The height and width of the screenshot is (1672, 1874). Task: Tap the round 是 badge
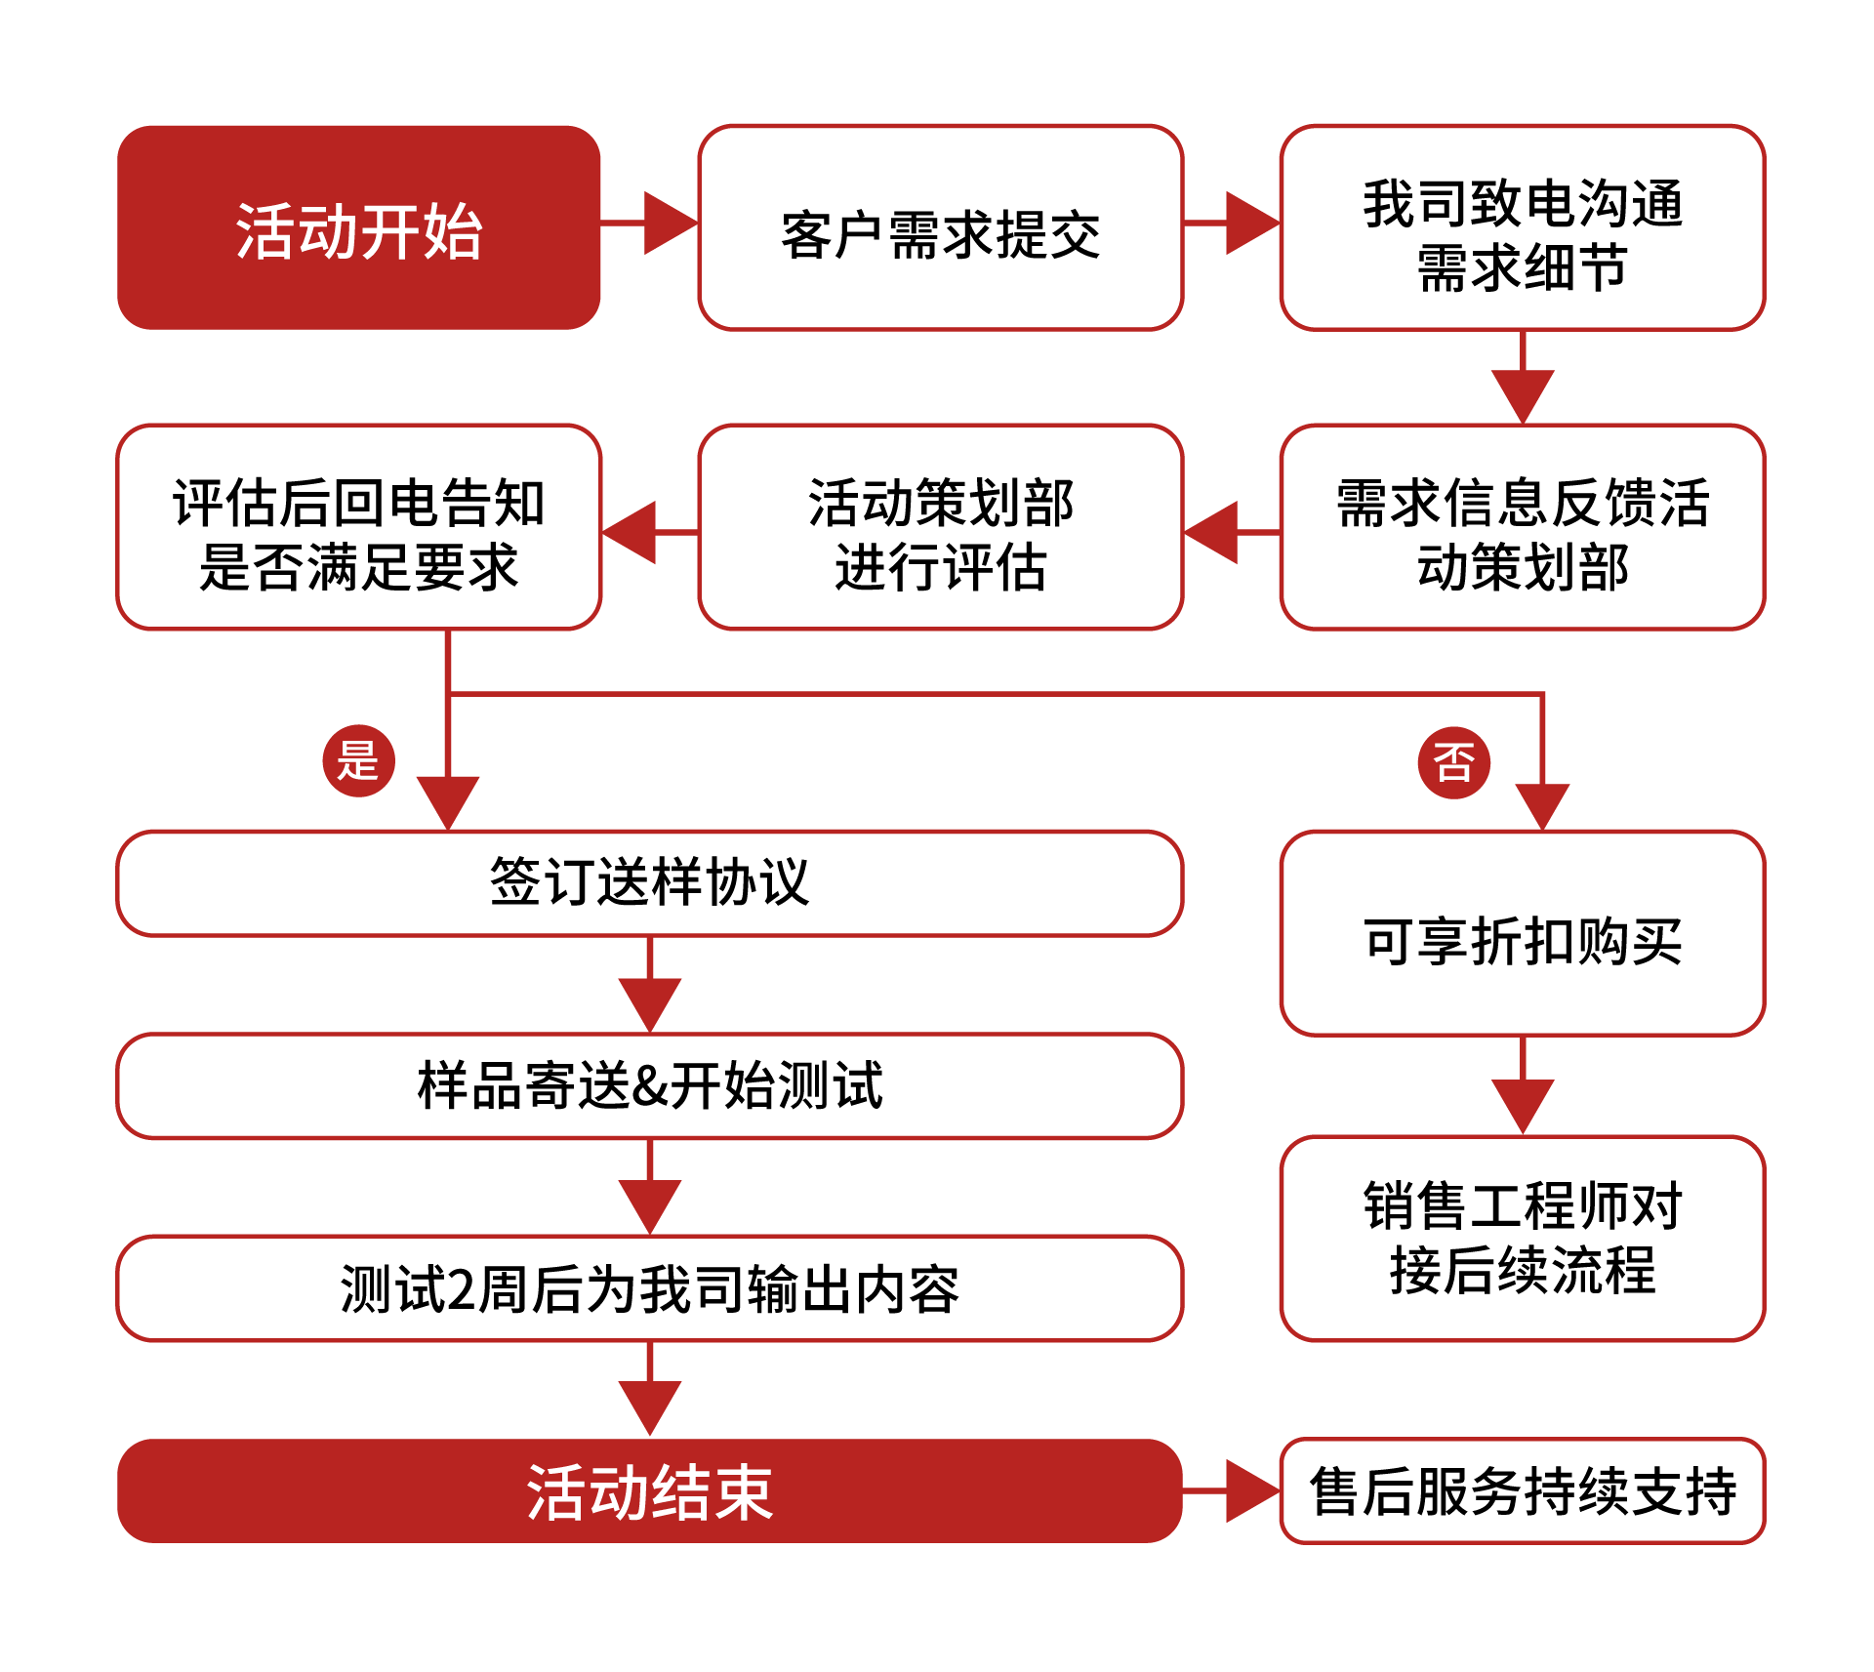tap(358, 760)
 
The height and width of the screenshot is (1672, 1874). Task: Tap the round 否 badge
tap(1453, 762)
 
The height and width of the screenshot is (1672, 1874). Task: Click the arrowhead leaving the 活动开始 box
tap(668, 224)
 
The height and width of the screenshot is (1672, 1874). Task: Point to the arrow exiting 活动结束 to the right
tap(1248, 1490)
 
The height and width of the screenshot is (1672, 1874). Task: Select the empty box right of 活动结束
tap(1522, 1490)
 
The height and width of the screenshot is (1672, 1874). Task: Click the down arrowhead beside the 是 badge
tap(447, 799)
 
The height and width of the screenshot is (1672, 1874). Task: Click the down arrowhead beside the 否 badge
tap(1542, 803)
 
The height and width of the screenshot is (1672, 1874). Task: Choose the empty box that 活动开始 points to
tap(941, 227)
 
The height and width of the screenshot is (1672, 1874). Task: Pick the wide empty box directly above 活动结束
tap(649, 1287)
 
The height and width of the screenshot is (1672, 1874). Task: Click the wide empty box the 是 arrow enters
tap(649, 883)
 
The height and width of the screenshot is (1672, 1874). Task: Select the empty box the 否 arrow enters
tap(1522, 933)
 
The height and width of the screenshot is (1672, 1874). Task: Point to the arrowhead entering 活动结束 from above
tap(649, 1406)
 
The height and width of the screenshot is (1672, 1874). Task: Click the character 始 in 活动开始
tap(453, 232)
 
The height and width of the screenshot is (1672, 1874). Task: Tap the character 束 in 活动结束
tap(743, 1492)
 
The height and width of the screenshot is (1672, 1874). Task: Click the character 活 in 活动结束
tap(557, 1492)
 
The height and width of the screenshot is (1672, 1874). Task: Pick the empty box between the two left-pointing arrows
tap(941, 527)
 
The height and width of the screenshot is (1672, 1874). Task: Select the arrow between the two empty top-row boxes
tap(1248, 224)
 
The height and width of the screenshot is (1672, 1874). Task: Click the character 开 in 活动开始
tap(390, 232)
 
